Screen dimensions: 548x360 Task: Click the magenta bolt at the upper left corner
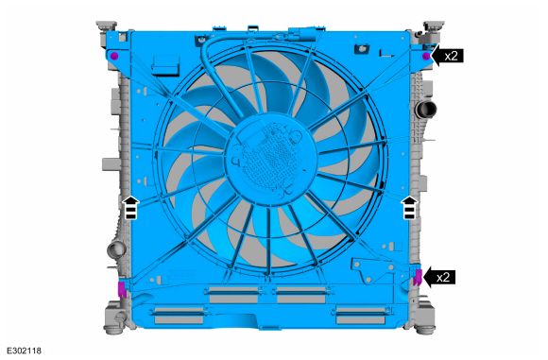114,57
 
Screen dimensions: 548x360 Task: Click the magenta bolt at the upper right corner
426,57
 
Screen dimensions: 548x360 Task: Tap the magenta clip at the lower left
122,289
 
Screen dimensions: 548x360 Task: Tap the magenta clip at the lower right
418,278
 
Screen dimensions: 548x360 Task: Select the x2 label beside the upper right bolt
452,56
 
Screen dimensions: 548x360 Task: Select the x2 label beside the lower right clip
443,278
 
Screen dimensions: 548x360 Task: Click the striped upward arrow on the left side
130,208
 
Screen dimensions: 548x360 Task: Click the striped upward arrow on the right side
409,208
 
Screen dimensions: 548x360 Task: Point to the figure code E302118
25,351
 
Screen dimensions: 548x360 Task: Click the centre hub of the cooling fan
271,159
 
